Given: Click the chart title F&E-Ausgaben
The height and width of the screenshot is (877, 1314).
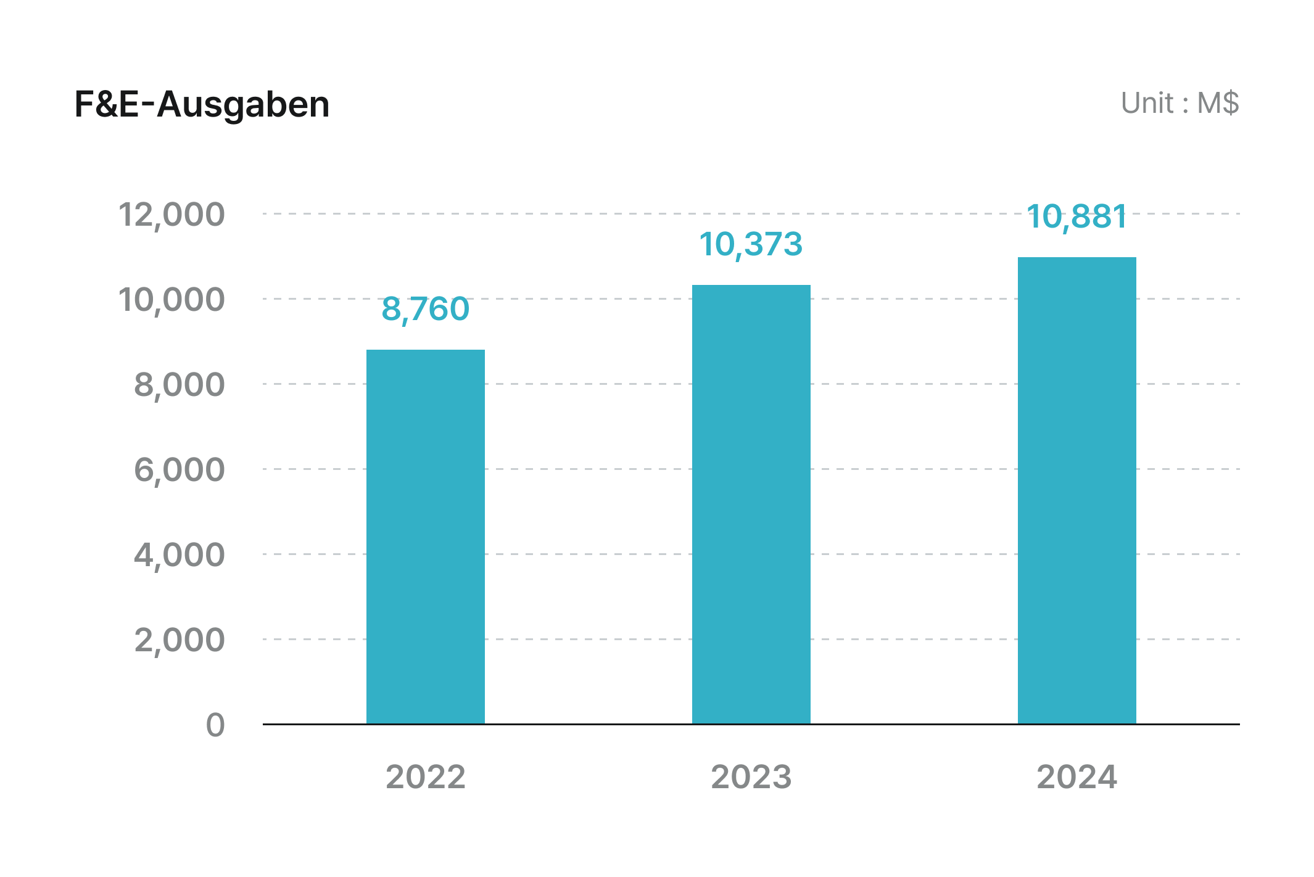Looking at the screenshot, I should (x=202, y=104).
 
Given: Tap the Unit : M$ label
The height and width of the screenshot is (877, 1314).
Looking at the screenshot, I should (x=1179, y=103).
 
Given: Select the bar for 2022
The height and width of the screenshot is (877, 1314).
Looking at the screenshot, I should (x=425, y=536).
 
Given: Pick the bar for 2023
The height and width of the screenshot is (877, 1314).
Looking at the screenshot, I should (x=751, y=504).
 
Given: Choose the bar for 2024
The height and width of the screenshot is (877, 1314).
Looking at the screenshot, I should (x=1076, y=490).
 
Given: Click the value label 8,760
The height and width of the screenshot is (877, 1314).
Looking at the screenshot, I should (x=425, y=308).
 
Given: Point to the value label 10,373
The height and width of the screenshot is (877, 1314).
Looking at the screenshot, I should (x=751, y=244).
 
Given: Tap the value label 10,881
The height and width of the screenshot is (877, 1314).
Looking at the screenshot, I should (x=1076, y=216).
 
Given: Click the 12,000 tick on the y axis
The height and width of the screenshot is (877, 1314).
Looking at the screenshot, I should (x=171, y=215).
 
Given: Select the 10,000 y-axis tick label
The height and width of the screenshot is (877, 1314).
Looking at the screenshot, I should (x=171, y=300).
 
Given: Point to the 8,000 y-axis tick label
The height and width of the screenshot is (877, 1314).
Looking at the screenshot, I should (x=180, y=385).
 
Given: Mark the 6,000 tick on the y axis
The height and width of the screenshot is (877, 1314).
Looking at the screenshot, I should (x=180, y=470).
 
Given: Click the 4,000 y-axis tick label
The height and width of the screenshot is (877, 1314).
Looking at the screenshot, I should (x=180, y=555).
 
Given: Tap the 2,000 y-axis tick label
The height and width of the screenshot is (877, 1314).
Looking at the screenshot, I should (x=180, y=640).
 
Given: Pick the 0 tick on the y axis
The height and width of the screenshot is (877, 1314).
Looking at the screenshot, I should (x=215, y=725).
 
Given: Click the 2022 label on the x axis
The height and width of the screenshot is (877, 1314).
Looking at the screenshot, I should (x=425, y=776).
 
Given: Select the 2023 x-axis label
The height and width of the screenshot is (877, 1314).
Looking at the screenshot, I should (x=751, y=776).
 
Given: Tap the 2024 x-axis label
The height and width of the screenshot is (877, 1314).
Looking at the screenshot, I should (x=1076, y=776).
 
